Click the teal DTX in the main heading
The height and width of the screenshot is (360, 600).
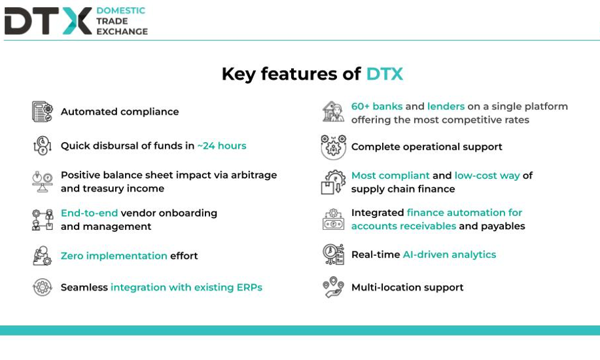coord(385,74)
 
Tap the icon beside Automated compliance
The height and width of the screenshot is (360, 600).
coord(43,111)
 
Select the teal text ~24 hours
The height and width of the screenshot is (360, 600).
coord(222,145)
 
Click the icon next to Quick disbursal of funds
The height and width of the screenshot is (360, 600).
coord(43,145)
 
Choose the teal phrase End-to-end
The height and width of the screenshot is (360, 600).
coord(89,213)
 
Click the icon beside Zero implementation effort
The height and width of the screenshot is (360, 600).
coord(42,256)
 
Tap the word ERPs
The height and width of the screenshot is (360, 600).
coord(249,287)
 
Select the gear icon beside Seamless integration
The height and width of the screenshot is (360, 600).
coord(43,287)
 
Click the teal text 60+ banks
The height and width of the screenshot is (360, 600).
coord(377,106)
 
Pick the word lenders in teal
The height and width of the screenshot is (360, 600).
coord(446,106)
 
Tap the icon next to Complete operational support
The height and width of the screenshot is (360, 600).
coord(333,147)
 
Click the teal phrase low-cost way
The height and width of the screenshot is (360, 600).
coord(487,176)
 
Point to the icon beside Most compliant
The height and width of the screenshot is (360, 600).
coord(333,182)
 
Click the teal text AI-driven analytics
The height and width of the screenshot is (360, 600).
coord(450,255)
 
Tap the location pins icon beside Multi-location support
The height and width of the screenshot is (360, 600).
coord(333,287)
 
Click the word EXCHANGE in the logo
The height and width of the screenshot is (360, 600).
coord(122,31)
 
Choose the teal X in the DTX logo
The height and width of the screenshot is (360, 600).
coord(77,21)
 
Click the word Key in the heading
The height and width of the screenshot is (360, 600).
coord(239,75)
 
